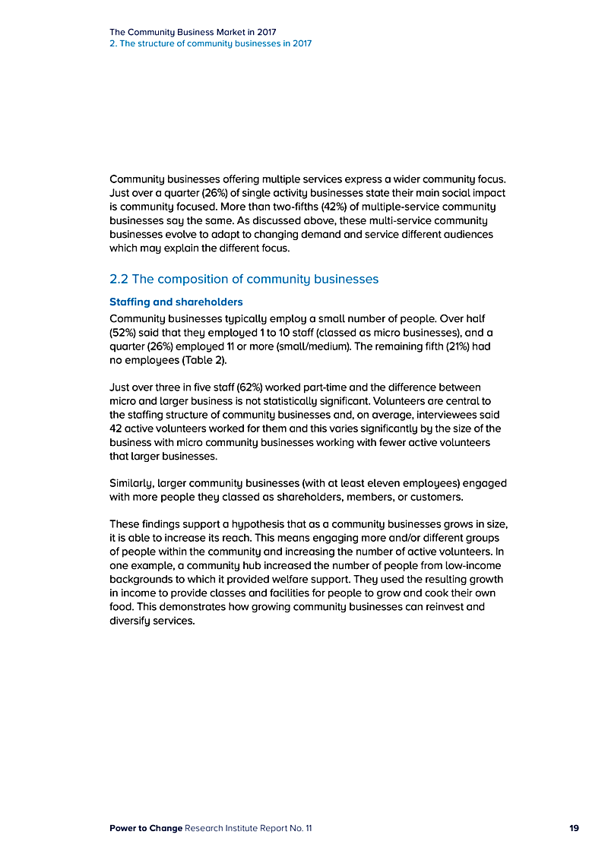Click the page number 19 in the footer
[x=574, y=828]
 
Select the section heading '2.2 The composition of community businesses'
[x=244, y=279]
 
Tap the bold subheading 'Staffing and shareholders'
[x=176, y=302]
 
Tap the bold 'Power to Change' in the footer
[x=146, y=828]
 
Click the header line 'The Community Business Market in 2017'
[x=192, y=32]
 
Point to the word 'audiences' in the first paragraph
[x=467, y=234]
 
